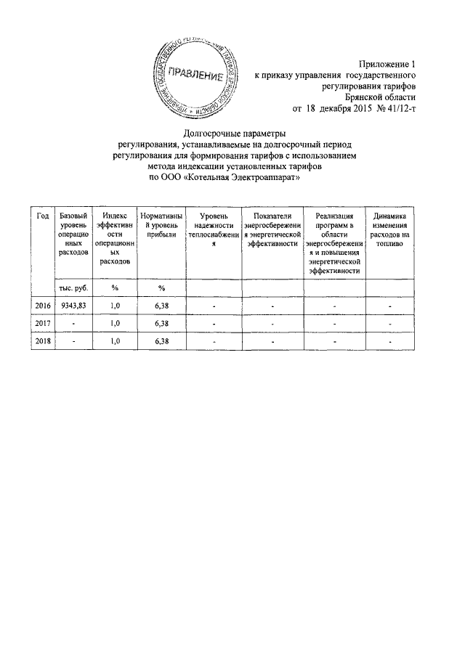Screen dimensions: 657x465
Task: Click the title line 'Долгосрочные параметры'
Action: coord(234,133)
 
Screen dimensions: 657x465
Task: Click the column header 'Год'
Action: coord(43,217)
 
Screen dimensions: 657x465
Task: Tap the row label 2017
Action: coord(43,324)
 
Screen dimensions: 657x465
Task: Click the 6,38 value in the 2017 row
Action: coord(162,324)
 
